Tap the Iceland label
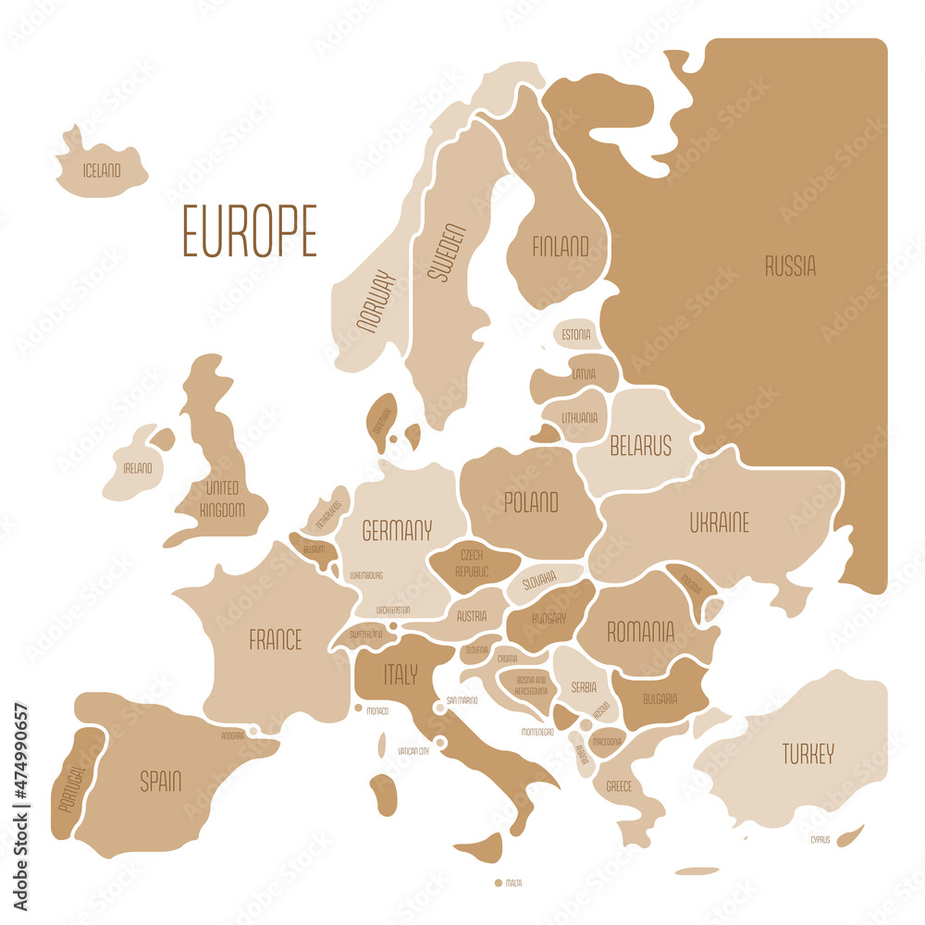(102, 170)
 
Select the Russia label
(790, 267)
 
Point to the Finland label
(560, 247)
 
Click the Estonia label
(576, 334)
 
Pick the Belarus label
(640, 447)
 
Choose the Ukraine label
(719, 523)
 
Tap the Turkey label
(808, 753)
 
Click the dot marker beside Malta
(499, 883)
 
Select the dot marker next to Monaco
(358, 708)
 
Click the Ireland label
(138, 468)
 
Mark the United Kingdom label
(222, 499)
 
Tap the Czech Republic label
(472, 563)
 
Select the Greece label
(619, 786)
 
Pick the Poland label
(531, 502)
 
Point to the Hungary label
(549, 618)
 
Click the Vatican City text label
(413, 751)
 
